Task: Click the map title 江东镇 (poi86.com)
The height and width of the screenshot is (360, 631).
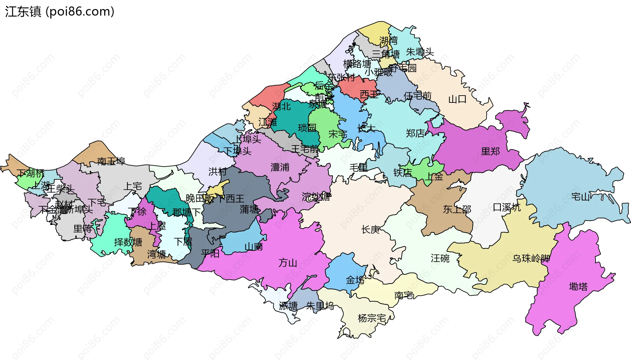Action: pyautogui.click(x=59, y=11)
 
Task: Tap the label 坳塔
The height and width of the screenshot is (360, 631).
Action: pyautogui.click(x=578, y=287)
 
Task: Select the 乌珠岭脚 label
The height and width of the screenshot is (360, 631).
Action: pyautogui.click(x=531, y=259)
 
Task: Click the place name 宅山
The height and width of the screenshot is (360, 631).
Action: pyautogui.click(x=580, y=197)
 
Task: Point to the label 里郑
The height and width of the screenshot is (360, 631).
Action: pyautogui.click(x=490, y=151)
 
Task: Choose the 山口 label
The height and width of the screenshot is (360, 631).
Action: pyautogui.click(x=457, y=99)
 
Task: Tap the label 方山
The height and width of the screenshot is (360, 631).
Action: pyautogui.click(x=288, y=263)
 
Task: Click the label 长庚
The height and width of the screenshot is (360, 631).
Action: pyautogui.click(x=370, y=230)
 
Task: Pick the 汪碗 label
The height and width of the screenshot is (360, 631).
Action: pyautogui.click(x=440, y=259)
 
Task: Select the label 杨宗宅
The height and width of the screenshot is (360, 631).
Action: pyautogui.click(x=372, y=318)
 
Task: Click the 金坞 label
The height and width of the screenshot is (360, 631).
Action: pyautogui.click(x=355, y=280)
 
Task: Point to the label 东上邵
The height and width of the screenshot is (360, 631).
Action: pyautogui.click(x=457, y=209)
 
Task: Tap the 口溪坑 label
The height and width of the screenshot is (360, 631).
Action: pyautogui.click(x=507, y=208)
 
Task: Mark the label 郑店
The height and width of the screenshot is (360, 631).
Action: pyautogui.click(x=415, y=133)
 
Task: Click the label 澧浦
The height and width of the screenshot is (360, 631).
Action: pyautogui.click(x=280, y=168)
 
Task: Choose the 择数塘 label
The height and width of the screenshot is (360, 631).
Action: pyautogui.click(x=128, y=242)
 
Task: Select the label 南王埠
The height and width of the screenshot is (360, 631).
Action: pyautogui.click(x=111, y=161)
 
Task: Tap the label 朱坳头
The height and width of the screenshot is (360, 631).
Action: pyautogui.click(x=420, y=52)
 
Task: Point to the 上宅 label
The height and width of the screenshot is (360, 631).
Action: pyautogui.click(x=132, y=187)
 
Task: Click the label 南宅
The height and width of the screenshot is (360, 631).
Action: pyautogui.click(x=404, y=296)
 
